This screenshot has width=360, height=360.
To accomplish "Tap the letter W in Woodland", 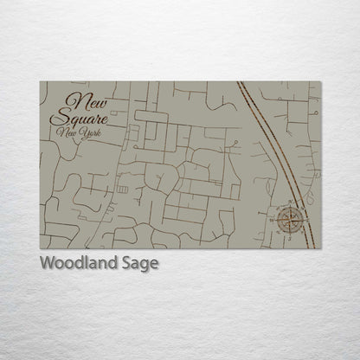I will [x=47, y=263].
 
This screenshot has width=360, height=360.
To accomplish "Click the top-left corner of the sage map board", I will [x=40, y=81].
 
